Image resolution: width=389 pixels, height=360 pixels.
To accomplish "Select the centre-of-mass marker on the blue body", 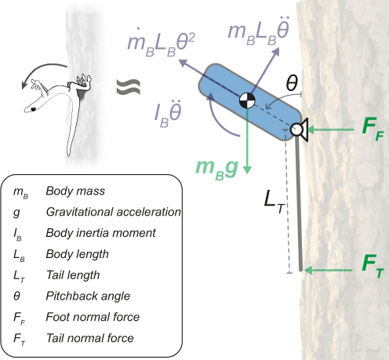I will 247,100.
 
